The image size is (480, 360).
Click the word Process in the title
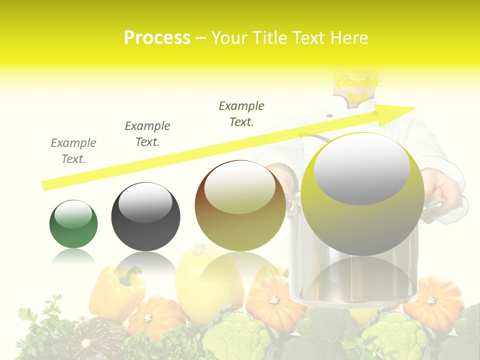[157, 38]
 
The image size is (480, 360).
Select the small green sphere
[73, 224]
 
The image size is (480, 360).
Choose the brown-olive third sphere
[240, 206]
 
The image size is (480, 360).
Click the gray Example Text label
[73, 151]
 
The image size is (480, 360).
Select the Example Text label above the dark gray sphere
[147, 134]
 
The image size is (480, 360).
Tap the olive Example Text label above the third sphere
[241, 114]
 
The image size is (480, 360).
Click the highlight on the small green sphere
[73, 214]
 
